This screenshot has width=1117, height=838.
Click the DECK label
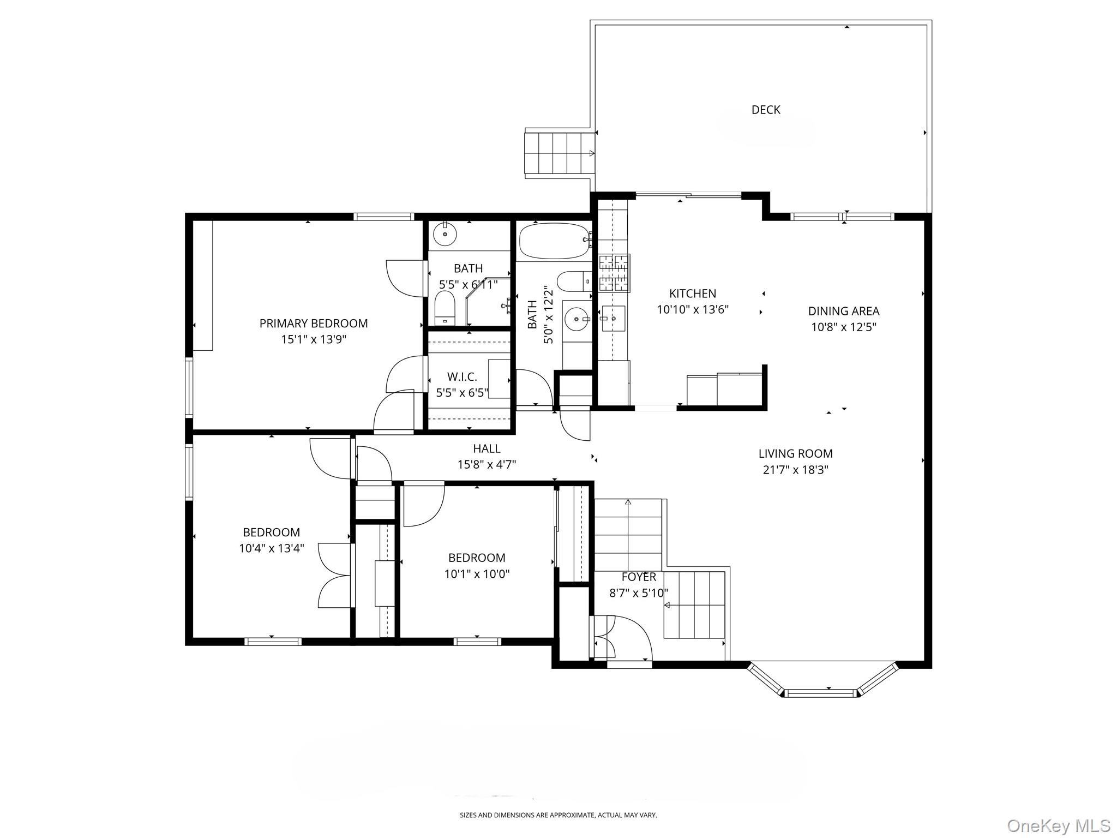tap(766, 110)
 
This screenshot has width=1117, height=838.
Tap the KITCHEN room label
tap(693, 294)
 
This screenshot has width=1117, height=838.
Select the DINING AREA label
tap(844, 311)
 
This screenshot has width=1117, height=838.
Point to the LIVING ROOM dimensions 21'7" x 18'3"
tap(796, 470)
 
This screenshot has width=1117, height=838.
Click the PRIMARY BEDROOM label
tap(314, 324)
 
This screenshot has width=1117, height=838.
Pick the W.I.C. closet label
tap(462, 377)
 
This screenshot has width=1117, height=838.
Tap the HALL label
tap(487, 448)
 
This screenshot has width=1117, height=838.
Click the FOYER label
tap(639, 577)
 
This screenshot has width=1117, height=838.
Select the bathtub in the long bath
tap(555, 241)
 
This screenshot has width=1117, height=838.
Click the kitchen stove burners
tap(614, 273)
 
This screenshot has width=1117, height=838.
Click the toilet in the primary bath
tap(445, 308)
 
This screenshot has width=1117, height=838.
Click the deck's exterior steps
tap(560, 153)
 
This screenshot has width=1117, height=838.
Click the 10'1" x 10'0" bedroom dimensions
tap(477, 574)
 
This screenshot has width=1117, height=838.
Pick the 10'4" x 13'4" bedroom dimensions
tap(272, 548)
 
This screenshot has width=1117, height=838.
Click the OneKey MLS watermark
tap(1058, 826)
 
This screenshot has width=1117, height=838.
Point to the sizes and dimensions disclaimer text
tap(558, 815)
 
